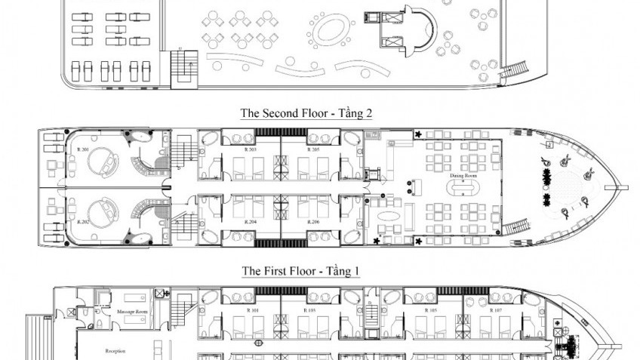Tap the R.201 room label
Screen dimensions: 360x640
pos(83,149)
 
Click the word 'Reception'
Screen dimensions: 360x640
pos(115,350)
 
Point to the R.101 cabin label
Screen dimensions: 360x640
pos(254,310)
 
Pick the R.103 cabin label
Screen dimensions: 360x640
pos(310,310)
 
